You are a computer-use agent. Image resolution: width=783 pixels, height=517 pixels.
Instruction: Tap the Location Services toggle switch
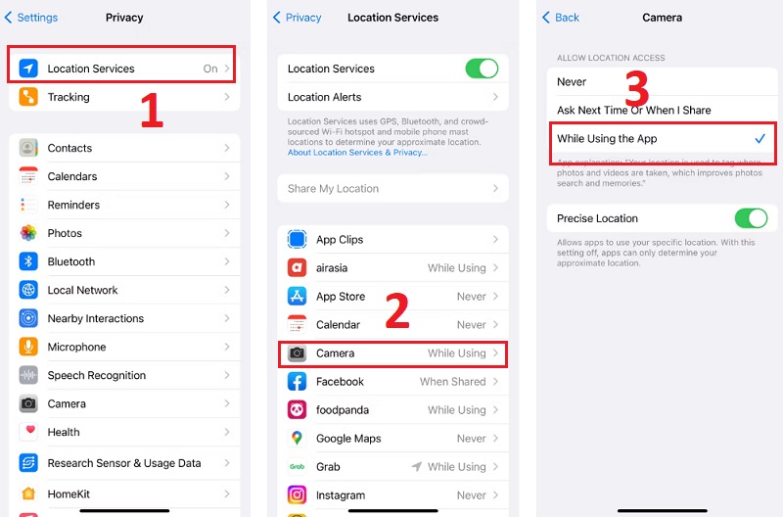tap(482, 69)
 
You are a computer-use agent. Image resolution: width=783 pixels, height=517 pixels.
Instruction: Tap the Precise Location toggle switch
tap(751, 218)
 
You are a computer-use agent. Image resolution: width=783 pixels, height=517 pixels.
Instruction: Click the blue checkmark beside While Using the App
tap(760, 138)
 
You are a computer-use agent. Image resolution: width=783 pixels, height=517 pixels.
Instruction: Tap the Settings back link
tap(31, 18)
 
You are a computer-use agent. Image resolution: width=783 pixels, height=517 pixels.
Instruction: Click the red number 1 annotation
tap(152, 110)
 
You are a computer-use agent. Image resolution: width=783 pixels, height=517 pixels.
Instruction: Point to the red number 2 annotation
tap(397, 310)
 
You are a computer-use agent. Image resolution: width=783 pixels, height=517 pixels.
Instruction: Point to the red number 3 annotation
tap(637, 88)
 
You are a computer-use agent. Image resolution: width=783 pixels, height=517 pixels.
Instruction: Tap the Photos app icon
tap(28, 233)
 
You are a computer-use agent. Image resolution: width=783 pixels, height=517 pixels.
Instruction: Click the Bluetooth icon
tap(28, 261)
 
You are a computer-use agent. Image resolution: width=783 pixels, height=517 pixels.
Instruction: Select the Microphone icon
tap(28, 347)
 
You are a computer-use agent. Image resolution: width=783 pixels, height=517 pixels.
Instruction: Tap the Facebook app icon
tap(297, 382)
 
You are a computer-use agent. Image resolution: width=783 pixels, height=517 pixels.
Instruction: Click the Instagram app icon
tap(297, 495)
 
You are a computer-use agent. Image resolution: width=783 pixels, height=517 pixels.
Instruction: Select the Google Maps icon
tap(297, 438)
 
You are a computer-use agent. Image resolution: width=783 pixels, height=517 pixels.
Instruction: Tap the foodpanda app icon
tap(297, 409)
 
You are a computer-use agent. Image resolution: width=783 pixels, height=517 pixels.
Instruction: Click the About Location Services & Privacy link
tap(357, 153)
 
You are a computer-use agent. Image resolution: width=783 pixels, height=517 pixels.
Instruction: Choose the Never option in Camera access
tap(572, 81)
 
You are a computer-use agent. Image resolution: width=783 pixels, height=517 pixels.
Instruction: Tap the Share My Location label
tap(333, 188)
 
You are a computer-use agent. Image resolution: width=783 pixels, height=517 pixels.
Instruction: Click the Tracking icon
tap(28, 97)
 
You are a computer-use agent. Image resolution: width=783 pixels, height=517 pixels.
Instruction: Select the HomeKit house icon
tap(28, 493)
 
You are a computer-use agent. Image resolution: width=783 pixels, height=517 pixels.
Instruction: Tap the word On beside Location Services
tap(210, 69)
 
